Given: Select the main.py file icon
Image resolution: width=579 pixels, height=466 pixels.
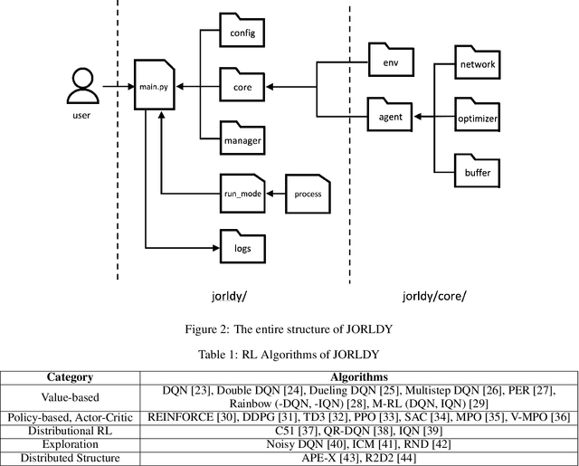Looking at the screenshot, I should pyautogui.click(x=153, y=87).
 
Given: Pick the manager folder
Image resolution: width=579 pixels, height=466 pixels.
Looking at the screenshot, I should pyautogui.click(x=242, y=139).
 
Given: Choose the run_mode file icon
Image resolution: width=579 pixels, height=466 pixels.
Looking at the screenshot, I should pyautogui.click(x=241, y=192).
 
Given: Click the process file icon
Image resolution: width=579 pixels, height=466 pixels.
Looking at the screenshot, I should pyautogui.click(x=308, y=192).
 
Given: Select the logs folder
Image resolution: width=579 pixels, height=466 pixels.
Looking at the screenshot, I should pyautogui.click(x=242, y=243).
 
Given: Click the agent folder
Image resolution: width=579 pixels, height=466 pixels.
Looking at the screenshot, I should pyautogui.click(x=391, y=114).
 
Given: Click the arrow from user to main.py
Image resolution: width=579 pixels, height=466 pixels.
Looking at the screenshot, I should pyautogui.click(x=116, y=87).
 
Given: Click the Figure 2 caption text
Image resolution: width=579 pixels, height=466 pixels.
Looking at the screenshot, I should pyautogui.click(x=289, y=328).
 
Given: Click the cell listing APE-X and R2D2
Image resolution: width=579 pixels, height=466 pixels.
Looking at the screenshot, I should pyautogui.click(x=360, y=457).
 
